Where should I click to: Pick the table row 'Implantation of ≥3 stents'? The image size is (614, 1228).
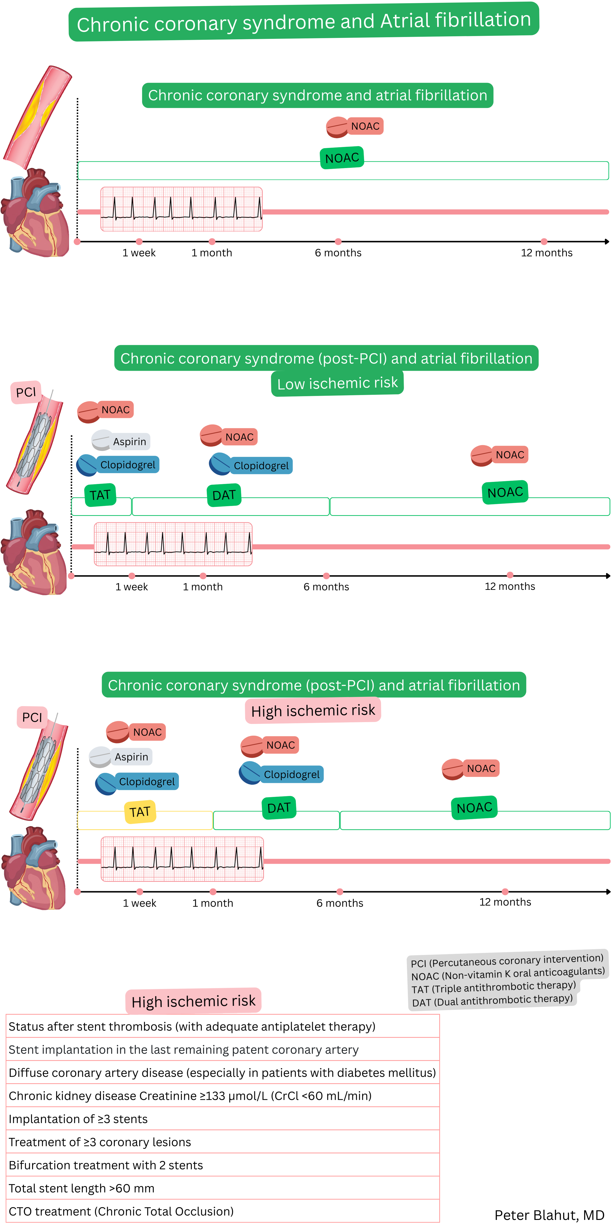78,1119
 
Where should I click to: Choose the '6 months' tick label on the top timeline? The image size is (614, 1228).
338,253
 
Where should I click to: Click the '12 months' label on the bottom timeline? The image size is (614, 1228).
505,902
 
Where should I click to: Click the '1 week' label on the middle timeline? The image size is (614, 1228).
132,587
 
